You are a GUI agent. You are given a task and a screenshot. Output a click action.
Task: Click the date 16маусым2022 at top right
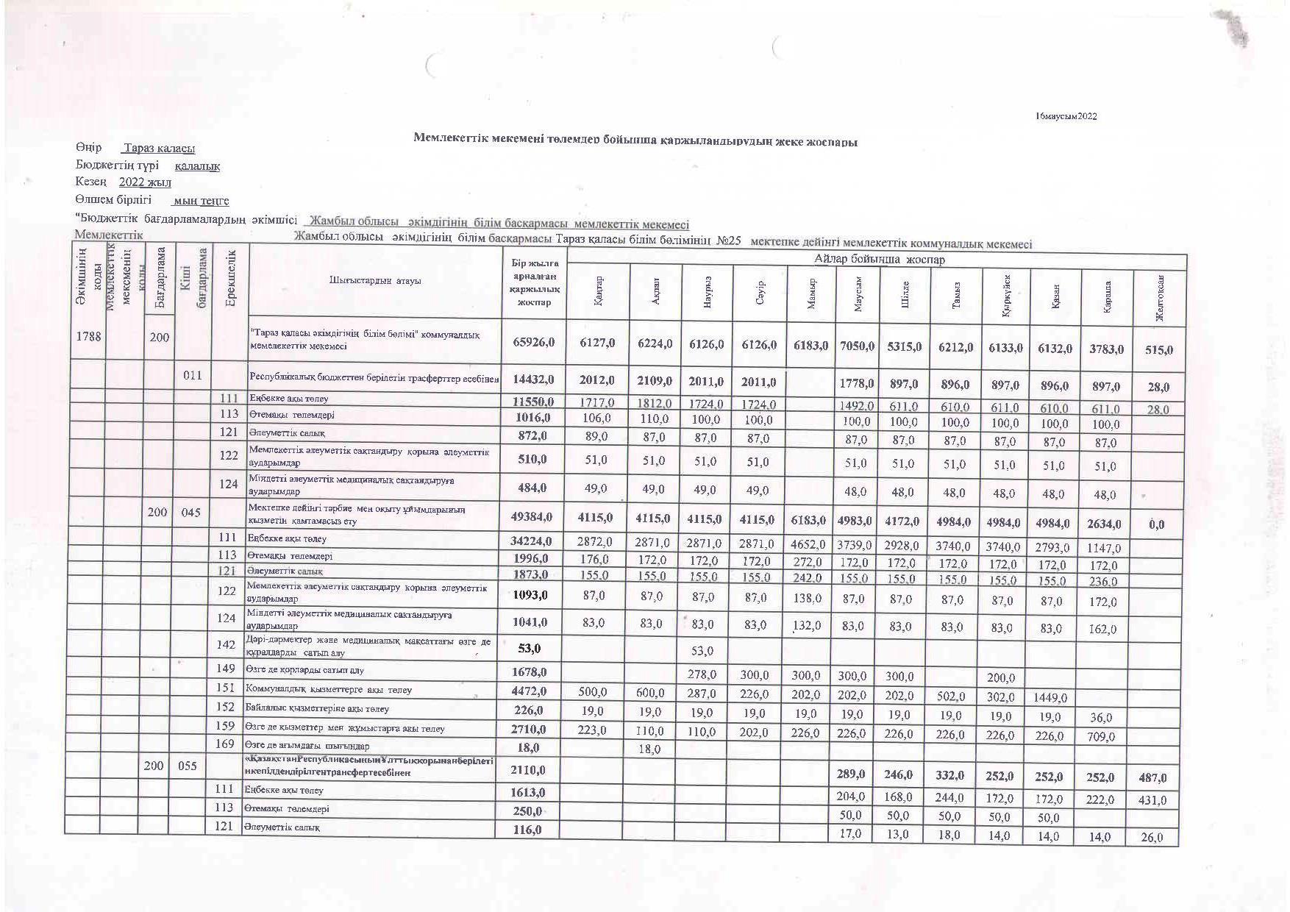point(1066,116)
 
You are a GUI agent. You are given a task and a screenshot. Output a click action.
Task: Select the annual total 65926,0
point(532,343)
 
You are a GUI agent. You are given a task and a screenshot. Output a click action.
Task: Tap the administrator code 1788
point(88,337)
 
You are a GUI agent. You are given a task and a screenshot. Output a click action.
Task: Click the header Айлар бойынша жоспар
point(879,260)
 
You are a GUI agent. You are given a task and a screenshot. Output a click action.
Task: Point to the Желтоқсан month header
point(1159,298)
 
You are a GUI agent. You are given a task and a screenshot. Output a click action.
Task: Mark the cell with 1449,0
point(1055,697)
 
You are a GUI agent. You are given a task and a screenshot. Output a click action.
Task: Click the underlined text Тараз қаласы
point(158,149)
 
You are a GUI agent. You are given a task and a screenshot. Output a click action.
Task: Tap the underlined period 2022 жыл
point(145,182)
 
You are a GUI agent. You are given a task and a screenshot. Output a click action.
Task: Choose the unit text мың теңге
point(200,201)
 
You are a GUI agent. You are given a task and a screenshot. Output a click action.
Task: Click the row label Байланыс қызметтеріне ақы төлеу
point(317,709)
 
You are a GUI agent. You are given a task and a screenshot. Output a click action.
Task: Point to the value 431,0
point(1152,800)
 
